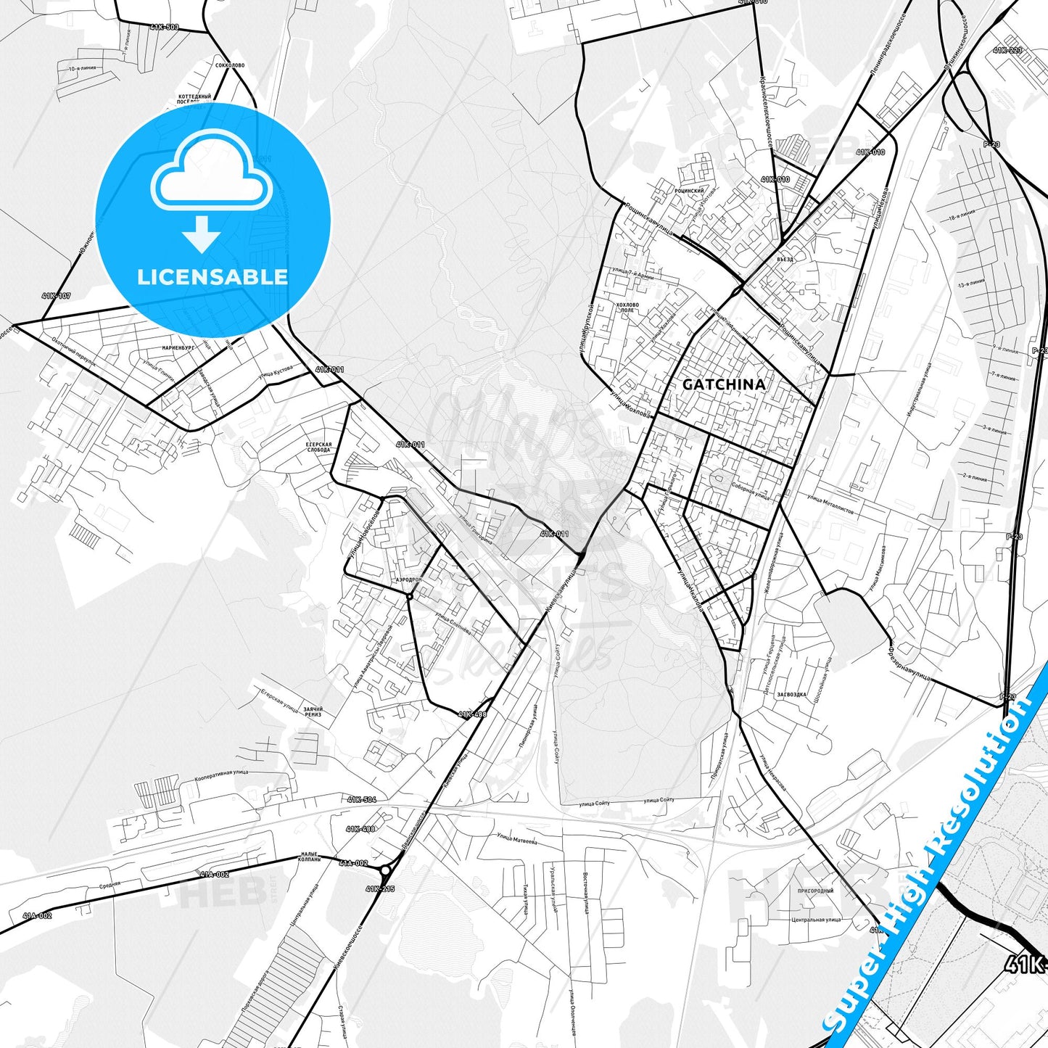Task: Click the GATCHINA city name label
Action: click(x=724, y=384)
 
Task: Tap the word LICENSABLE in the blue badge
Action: click(x=213, y=276)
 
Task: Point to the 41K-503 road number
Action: click(x=164, y=27)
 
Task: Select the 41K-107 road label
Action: click(x=57, y=296)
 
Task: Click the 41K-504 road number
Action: click(x=361, y=799)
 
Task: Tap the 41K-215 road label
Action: click(x=380, y=888)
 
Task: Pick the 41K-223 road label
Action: click(x=1007, y=50)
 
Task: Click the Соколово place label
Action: click(x=230, y=65)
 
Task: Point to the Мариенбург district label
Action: click(x=178, y=348)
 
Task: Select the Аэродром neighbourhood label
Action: click(x=408, y=580)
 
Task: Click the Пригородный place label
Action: click(x=816, y=891)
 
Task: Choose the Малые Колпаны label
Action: click(x=310, y=857)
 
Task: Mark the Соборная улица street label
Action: click(x=750, y=491)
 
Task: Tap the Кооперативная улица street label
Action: click(x=221, y=775)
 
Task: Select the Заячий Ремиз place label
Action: click(x=313, y=711)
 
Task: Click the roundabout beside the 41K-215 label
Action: click(x=386, y=870)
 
